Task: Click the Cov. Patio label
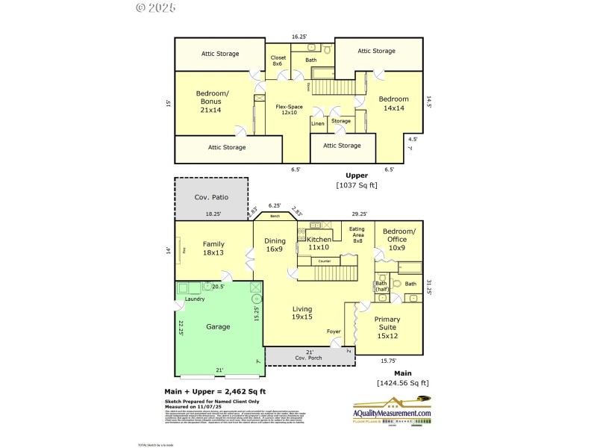[x=211, y=197]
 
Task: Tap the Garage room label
[x=218, y=326]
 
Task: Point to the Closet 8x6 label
[x=278, y=61]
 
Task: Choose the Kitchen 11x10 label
[x=319, y=243]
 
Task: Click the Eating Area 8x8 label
[x=357, y=235]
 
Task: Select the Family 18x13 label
[x=213, y=249]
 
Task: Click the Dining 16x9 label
[x=274, y=246]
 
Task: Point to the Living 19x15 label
[x=301, y=313]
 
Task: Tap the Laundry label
[x=195, y=299]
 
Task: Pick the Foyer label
[x=334, y=332]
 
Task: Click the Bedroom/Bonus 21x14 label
[x=213, y=102]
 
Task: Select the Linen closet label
[x=318, y=123]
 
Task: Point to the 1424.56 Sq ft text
[x=403, y=383]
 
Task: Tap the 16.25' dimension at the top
[x=300, y=36]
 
